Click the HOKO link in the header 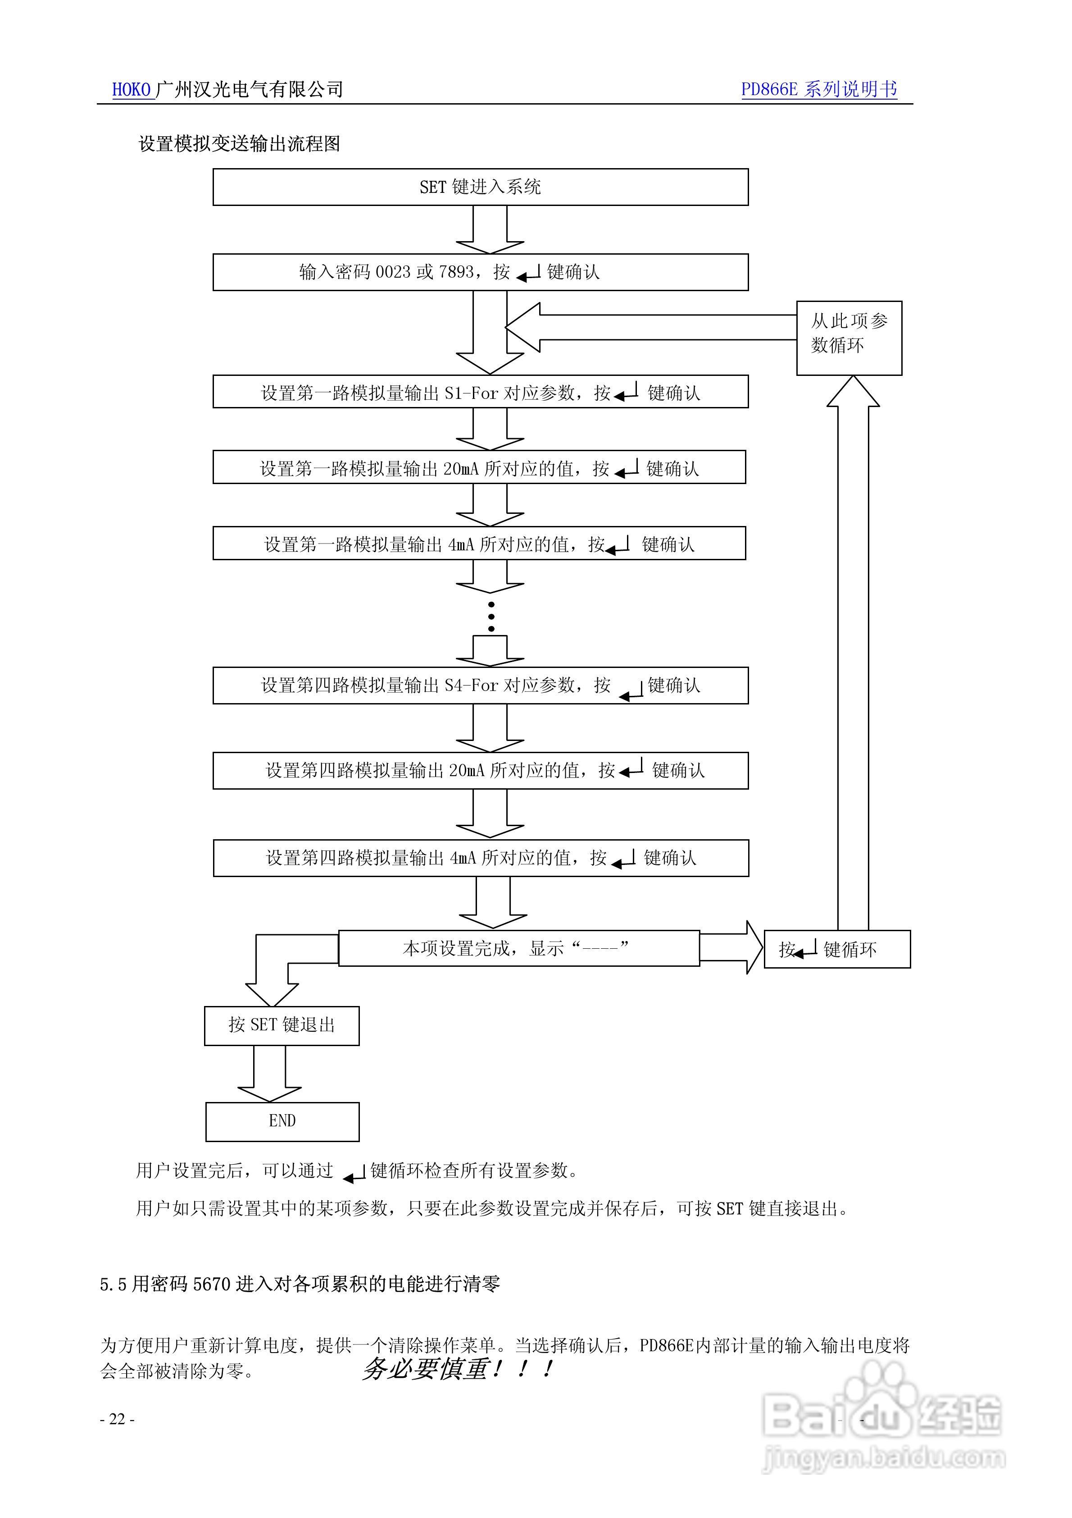[x=132, y=89]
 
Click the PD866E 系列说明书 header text [x=818, y=89]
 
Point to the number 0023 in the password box [x=393, y=272]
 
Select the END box [x=282, y=1120]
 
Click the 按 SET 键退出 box [x=282, y=1025]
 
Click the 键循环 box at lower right [x=837, y=949]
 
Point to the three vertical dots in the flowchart [x=491, y=616]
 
